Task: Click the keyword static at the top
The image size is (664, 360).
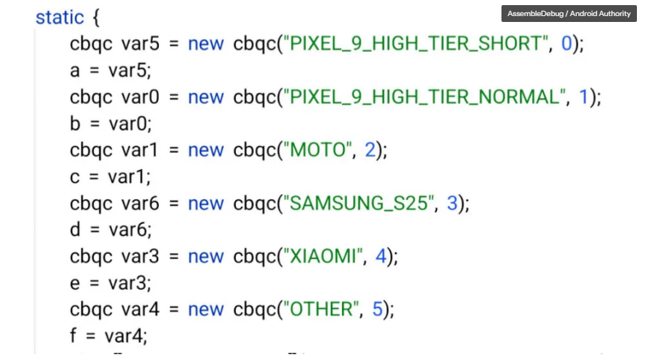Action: [x=60, y=17]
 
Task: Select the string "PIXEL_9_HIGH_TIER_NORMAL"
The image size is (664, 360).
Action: [x=424, y=97]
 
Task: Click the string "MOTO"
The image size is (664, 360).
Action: [x=318, y=150]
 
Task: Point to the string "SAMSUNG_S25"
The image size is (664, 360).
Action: [x=358, y=203]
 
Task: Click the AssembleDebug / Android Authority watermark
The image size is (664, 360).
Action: [x=569, y=13]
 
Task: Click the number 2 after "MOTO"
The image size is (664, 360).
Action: [x=370, y=150]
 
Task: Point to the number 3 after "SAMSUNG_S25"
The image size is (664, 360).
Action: [x=452, y=203]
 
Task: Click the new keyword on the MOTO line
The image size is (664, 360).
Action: [x=206, y=150]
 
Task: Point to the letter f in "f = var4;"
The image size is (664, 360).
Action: [x=75, y=336]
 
